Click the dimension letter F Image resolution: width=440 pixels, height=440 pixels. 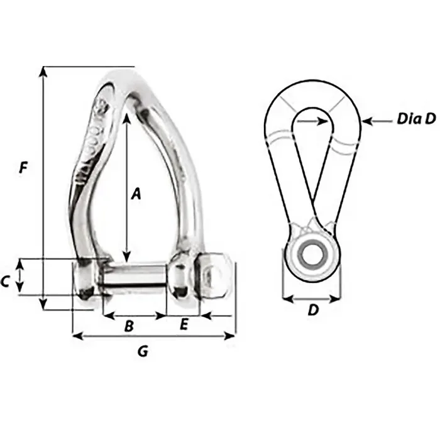[x=23, y=168]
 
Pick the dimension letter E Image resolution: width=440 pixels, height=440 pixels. [x=184, y=324]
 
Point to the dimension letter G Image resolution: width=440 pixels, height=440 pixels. [x=143, y=352]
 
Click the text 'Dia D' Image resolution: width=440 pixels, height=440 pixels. [x=415, y=119]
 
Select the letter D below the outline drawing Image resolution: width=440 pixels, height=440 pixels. [x=312, y=310]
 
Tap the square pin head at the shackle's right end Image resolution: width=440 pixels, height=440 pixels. [x=216, y=277]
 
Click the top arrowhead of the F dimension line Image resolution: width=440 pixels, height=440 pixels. [x=43, y=70]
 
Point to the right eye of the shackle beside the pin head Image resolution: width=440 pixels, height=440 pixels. [x=182, y=278]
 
